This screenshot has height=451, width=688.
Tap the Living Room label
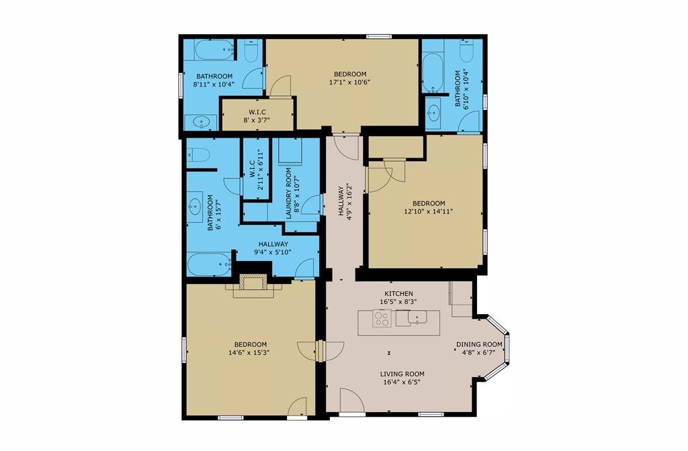point(402,374)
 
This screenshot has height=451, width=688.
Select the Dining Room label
point(479,344)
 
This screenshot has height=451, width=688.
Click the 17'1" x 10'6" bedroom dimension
point(349,82)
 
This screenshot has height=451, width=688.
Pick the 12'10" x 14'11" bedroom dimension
point(428,211)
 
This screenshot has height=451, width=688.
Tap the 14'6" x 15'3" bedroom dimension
point(249,352)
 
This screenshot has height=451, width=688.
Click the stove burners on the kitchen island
point(382,318)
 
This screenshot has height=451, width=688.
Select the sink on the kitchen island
point(417,317)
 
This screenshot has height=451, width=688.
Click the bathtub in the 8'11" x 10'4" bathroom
point(214,50)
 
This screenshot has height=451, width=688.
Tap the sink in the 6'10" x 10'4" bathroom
point(433,113)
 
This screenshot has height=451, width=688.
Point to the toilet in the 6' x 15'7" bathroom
point(198,155)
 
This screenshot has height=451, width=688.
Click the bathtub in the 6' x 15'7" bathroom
point(209,264)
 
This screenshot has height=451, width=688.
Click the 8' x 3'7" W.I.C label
point(257,115)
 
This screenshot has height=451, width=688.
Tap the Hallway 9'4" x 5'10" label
point(273,248)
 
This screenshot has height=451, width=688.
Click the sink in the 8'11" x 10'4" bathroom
point(201,122)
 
